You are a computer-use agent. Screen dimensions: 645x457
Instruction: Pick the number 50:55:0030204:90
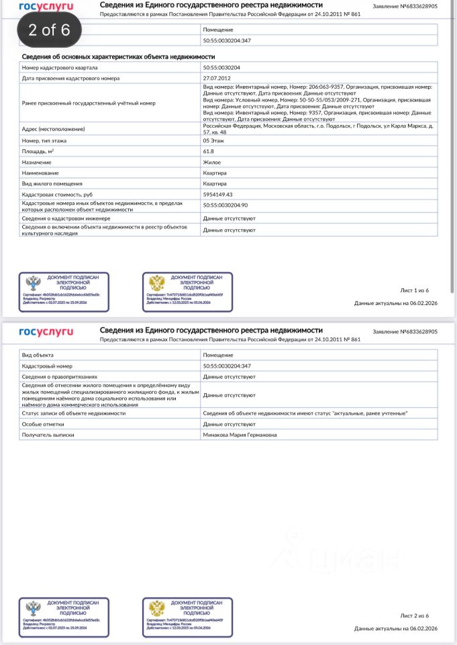[x=225, y=205]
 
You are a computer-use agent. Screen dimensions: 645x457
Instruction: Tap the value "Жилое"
[x=212, y=162]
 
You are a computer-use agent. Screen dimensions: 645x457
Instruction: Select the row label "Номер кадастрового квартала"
[x=60, y=68]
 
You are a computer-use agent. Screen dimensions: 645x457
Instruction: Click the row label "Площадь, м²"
[x=44, y=152]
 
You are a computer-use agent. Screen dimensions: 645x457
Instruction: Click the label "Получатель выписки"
[x=48, y=435]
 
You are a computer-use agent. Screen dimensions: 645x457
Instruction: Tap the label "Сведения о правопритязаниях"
[x=60, y=377]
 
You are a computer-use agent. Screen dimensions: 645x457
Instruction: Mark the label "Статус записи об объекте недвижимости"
[x=74, y=413]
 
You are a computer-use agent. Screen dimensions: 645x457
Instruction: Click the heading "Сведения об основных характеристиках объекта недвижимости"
[x=118, y=58]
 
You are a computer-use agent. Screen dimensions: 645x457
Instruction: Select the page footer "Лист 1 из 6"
[x=414, y=290]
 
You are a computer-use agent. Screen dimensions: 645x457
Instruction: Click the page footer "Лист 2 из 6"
[x=414, y=615]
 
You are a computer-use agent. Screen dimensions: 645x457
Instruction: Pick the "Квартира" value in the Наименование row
[x=215, y=173]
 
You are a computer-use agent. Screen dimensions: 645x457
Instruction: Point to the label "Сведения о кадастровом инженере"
[x=64, y=218]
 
